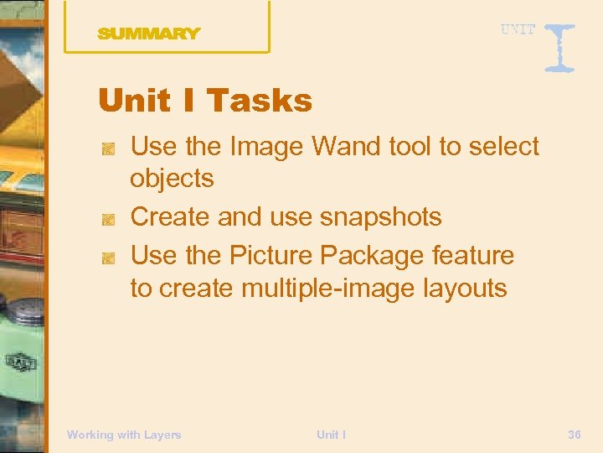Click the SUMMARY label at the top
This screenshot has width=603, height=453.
point(149,34)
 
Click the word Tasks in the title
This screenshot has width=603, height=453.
point(259,102)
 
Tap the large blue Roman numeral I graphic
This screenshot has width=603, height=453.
point(559,47)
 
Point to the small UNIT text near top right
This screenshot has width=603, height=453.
point(518,30)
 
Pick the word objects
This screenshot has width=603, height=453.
point(172,179)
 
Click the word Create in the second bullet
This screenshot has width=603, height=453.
point(171,217)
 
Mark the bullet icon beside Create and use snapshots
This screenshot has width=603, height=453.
point(108,219)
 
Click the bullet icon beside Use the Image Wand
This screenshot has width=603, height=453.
point(108,148)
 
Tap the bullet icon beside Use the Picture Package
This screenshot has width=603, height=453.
point(108,257)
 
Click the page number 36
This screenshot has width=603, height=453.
point(575,435)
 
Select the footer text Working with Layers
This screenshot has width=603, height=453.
point(124,435)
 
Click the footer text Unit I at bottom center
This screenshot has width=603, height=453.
point(332,435)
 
